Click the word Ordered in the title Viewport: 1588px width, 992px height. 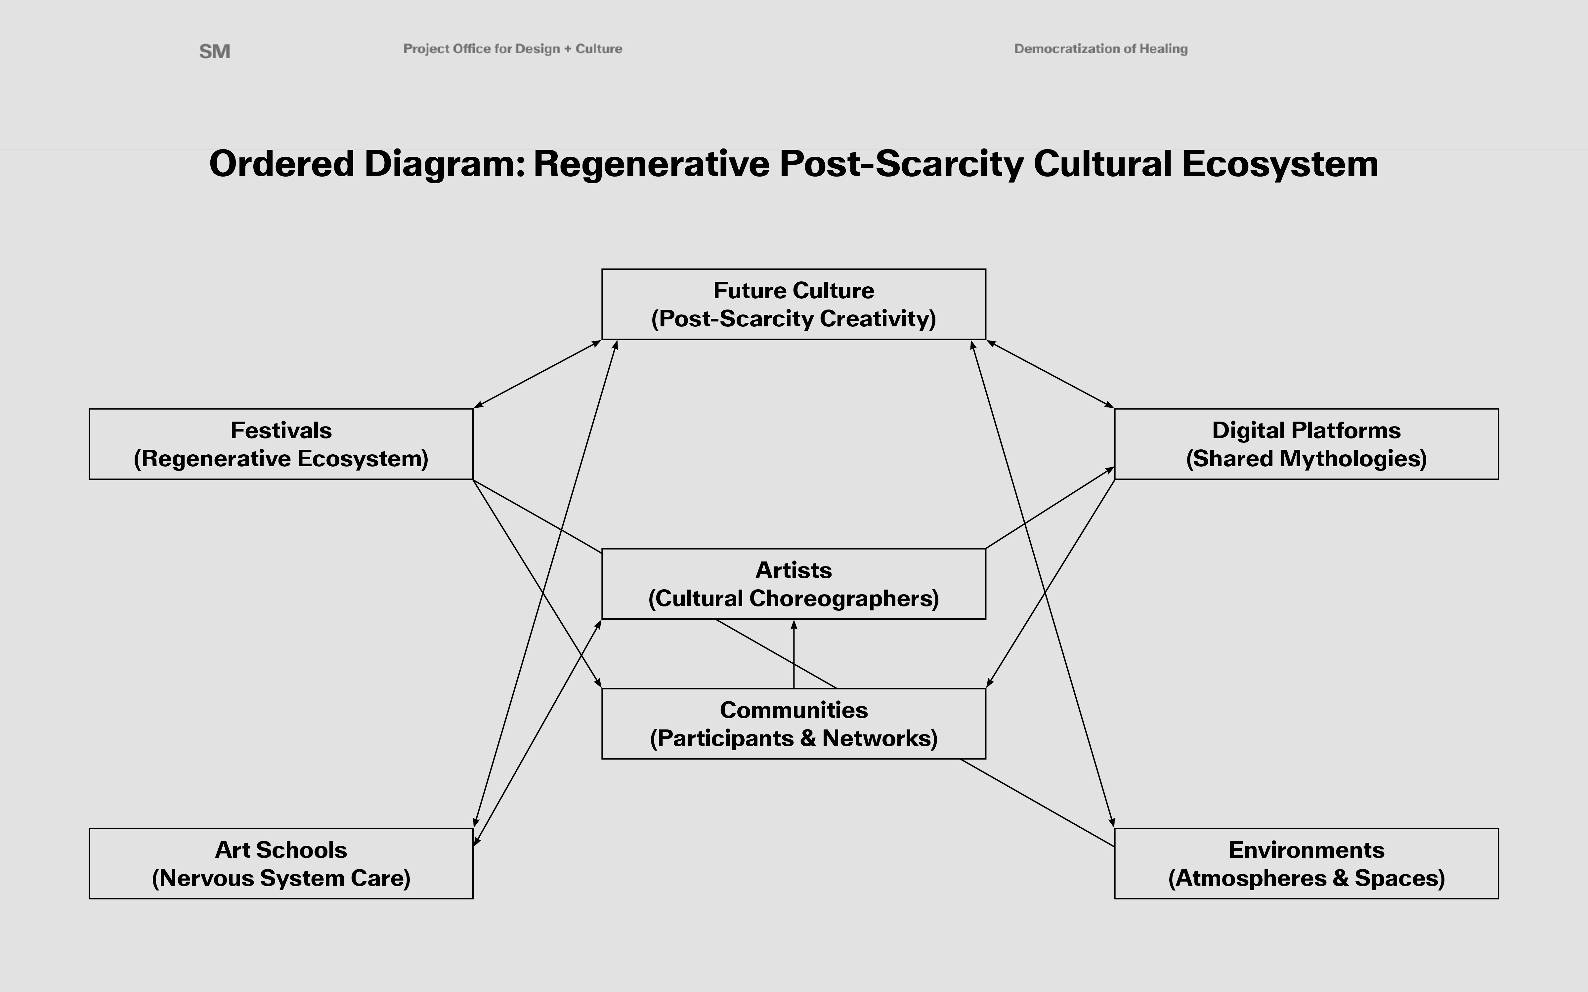pyautogui.click(x=281, y=163)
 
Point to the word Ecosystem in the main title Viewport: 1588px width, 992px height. pyautogui.click(x=1280, y=163)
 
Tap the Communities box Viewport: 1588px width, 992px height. pyautogui.click(x=794, y=723)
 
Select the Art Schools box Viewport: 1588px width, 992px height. pyautogui.click(x=281, y=863)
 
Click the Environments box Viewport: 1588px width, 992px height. pyautogui.click(x=1306, y=863)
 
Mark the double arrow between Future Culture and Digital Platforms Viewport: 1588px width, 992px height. pyautogui.click(x=1050, y=374)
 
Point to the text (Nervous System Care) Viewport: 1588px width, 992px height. pyautogui.click(x=281, y=878)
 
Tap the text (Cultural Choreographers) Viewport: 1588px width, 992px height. pyautogui.click(x=794, y=599)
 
